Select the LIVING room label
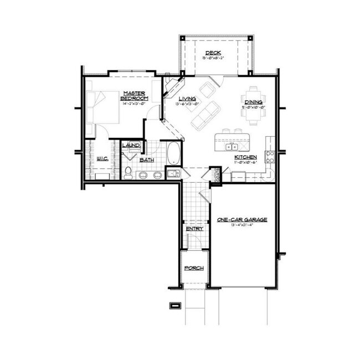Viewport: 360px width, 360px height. [x=186, y=99]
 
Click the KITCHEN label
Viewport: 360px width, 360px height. [x=245, y=157]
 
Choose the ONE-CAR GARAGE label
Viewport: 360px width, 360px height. [x=242, y=220]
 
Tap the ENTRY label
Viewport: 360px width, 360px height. [x=194, y=228]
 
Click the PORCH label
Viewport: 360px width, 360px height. [x=194, y=268]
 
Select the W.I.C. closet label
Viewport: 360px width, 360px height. [x=101, y=158]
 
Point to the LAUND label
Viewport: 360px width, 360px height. [x=131, y=146]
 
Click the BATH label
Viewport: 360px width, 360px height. [x=146, y=160]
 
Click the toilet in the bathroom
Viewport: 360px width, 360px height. [x=128, y=172]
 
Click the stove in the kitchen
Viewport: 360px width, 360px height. [x=270, y=157]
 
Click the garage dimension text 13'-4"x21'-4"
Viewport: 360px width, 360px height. [x=242, y=226]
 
